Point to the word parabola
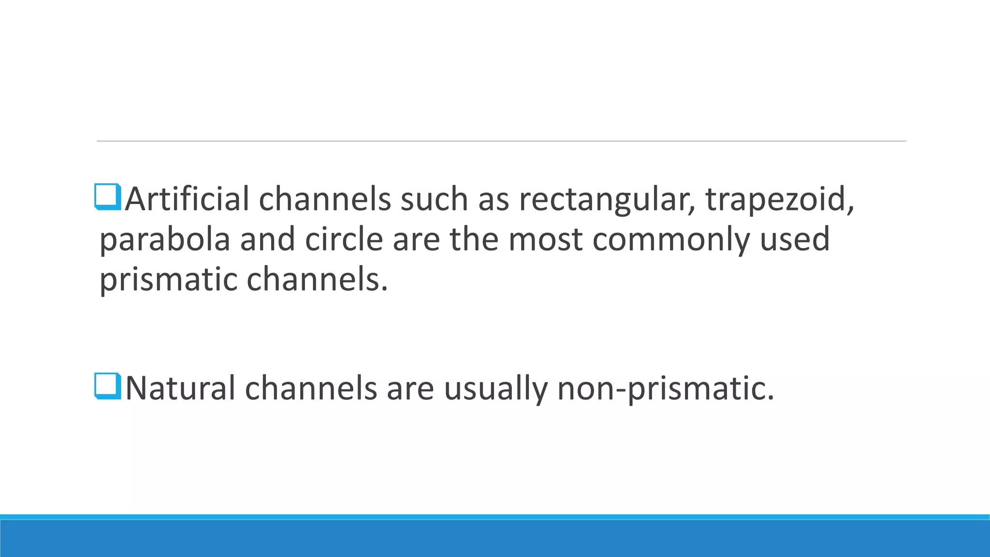click(164, 239)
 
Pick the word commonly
click(671, 239)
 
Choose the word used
click(795, 239)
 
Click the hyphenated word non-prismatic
click(665, 388)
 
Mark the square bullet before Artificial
click(108, 197)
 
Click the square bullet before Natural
click(108, 386)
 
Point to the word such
click(434, 199)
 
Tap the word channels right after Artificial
click(324, 199)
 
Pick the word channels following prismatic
click(317, 280)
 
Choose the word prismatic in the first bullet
click(168, 280)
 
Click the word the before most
click(474, 239)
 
